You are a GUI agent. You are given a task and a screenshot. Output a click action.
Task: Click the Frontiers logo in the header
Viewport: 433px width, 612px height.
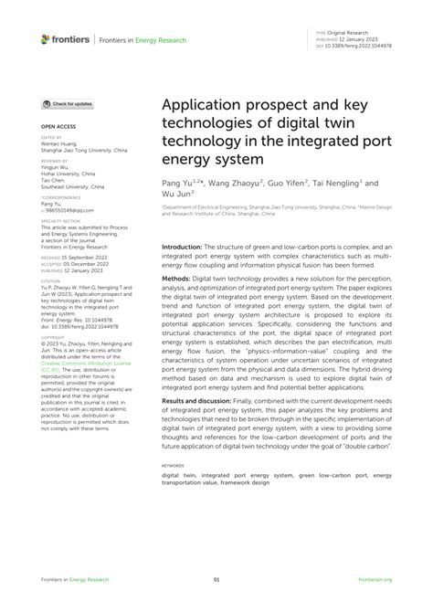click(65, 39)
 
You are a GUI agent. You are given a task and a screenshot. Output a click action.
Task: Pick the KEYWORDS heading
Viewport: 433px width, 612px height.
click(174, 463)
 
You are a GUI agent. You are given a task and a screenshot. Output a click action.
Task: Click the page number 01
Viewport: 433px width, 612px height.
click(216, 579)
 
